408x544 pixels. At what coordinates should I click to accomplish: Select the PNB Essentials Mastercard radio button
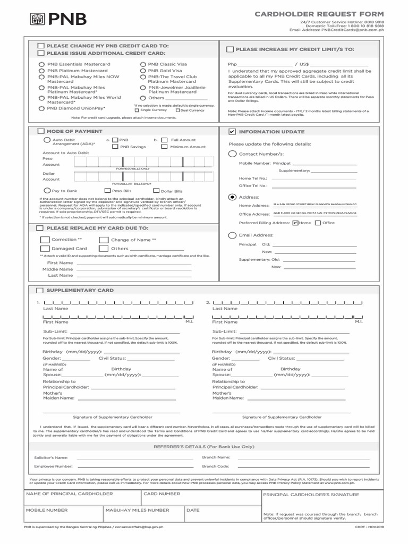(42, 64)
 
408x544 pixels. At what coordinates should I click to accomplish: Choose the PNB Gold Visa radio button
(143, 70)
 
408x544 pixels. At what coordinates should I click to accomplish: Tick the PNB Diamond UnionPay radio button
(42, 108)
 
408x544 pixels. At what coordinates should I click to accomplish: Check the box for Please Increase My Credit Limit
(229, 49)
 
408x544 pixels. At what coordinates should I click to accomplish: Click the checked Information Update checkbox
(231, 131)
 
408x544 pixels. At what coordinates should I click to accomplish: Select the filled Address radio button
(232, 197)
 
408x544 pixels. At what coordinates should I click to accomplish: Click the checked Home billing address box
(295, 223)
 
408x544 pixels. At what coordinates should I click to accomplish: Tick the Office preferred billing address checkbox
(318, 223)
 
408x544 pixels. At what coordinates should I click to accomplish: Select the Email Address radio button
(232, 235)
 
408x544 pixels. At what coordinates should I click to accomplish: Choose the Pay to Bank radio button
(47, 190)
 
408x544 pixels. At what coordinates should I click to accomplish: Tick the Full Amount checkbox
(164, 140)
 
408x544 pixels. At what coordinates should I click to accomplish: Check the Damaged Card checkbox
(45, 249)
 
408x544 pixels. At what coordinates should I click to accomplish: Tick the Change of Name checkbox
(104, 240)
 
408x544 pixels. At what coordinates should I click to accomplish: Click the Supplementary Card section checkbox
(40, 291)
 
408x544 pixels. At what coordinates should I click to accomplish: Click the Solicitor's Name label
(51, 457)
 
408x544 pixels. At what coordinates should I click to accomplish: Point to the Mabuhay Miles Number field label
(137, 510)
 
